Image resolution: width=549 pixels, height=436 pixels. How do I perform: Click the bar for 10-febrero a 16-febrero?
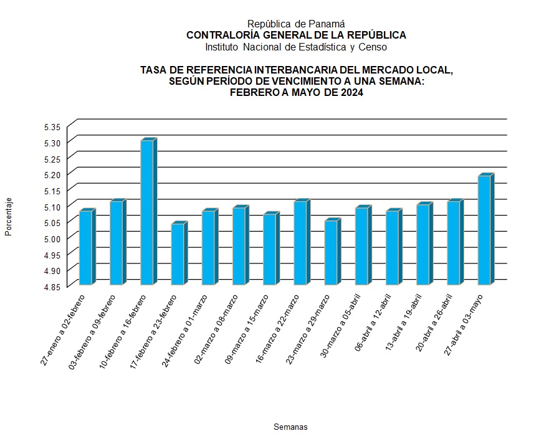click(x=146, y=212)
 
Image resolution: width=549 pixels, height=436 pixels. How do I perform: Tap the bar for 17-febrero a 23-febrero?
click(x=177, y=254)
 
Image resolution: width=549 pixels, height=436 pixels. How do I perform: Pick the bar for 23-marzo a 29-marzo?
click(x=331, y=252)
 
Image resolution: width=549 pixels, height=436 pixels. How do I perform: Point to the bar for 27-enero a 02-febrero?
click(x=85, y=248)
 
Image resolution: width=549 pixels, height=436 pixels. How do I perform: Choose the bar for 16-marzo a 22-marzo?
click(x=300, y=243)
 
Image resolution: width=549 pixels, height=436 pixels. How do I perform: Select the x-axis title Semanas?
click(x=290, y=427)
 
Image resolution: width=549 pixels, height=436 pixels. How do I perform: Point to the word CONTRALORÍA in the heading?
click(x=216, y=36)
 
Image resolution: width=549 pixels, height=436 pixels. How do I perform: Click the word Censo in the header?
click(x=372, y=47)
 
